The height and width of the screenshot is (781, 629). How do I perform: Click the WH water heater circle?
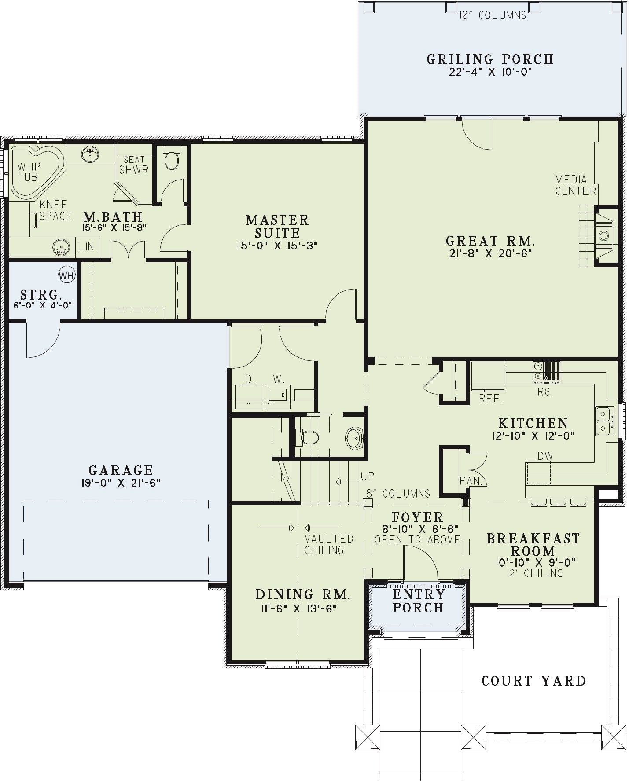pos(67,276)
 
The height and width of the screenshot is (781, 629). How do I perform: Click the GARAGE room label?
pos(121,470)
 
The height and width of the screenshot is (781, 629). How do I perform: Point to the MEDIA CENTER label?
pos(575,185)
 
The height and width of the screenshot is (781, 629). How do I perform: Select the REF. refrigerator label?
pos(491,399)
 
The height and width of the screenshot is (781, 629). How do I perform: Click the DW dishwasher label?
pos(545,456)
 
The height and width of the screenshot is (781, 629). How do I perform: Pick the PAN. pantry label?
pos(471,481)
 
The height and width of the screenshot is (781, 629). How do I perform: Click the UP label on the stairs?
pos(368,476)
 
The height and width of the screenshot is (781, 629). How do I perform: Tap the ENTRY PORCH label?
pos(418,601)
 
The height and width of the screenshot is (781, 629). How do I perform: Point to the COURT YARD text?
pos(534,681)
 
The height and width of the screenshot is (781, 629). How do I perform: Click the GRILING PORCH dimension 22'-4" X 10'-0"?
pos(490,72)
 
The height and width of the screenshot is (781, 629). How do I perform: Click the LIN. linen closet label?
pos(87,247)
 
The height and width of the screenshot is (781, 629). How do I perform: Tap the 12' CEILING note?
pos(534,573)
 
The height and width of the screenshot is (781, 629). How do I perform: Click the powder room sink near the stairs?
pos(354,438)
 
